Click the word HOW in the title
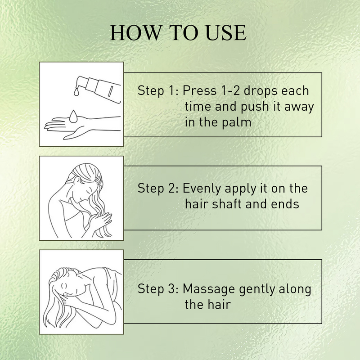pos(136,33)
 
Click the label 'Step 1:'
pos(158,90)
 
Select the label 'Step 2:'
pos(158,188)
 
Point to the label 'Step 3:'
pos(158,288)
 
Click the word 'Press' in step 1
pos(199,90)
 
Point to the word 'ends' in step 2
pos(285,204)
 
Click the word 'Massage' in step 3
pos(208,289)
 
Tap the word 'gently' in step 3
pos(257,289)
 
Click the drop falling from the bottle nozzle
pos(76,92)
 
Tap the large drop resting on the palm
pos(73,116)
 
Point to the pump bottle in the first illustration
pos(99,89)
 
